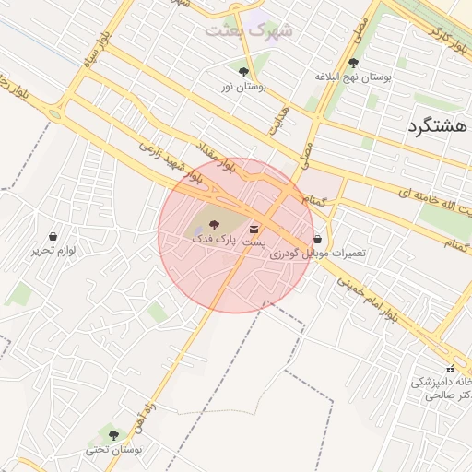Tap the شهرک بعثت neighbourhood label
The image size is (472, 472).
tap(250, 29)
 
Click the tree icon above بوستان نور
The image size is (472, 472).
tap(243, 71)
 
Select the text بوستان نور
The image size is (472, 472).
tap(242, 86)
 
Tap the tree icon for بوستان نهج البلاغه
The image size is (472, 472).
tap(354, 63)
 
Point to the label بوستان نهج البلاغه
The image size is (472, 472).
tap(354, 77)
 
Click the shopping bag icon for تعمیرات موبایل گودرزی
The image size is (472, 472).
tap(319, 239)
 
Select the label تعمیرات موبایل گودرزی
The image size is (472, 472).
tap(323, 253)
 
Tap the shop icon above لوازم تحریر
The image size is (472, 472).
tap(53, 236)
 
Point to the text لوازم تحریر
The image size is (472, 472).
tap(53, 251)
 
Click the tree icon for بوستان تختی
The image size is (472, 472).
tap(114, 434)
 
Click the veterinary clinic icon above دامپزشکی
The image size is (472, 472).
tap(451, 369)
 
